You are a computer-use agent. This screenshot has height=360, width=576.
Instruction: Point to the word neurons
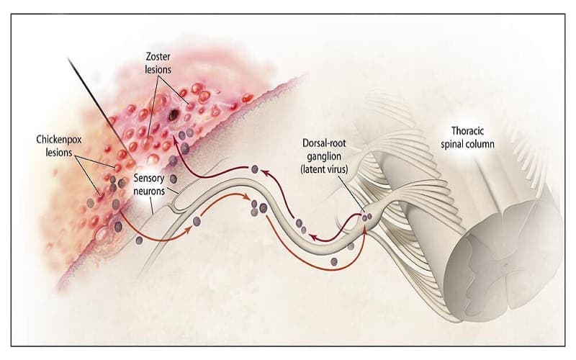pyautogui.click(x=150, y=192)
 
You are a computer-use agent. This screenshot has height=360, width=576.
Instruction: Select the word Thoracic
pyautogui.click(x=472, y=131)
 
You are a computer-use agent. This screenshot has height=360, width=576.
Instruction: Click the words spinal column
pyautogui.click(x=472, y=144)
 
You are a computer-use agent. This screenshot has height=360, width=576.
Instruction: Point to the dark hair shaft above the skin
pyautogui.click(x=94, y=101)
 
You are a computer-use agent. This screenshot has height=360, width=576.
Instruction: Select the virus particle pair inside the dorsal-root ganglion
pyautogui.click(x=368, y=215)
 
